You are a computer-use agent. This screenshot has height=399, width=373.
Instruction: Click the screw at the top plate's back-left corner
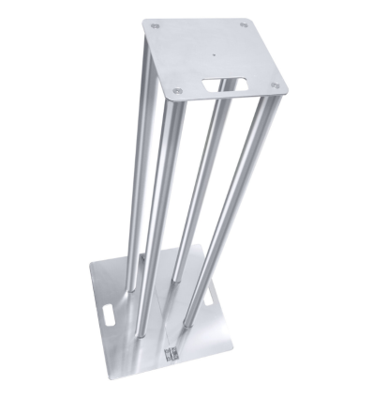coord(156,26)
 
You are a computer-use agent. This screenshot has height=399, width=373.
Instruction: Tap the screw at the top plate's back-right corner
coord(244,25)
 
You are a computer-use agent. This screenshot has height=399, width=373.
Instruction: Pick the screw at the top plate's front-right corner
coord(275,87)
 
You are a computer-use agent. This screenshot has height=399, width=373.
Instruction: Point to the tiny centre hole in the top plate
coord(212,54)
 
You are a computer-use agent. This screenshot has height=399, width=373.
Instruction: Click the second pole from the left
coord(157,207)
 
